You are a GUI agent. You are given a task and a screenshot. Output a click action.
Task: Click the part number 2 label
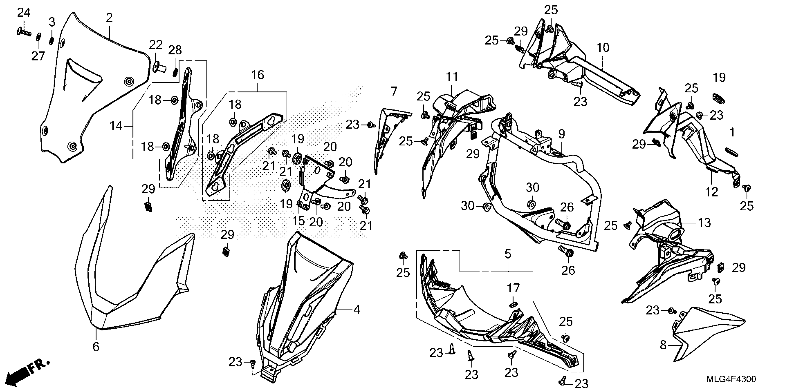coord(109,18)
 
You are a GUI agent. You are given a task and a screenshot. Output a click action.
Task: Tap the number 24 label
coord(24,13)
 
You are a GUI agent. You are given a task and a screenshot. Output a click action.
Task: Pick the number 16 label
coord(257,75)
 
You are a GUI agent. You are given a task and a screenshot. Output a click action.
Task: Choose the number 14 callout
coord(116,126)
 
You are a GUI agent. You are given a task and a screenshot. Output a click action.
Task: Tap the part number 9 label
coord(562,134)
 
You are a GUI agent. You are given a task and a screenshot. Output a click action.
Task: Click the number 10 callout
coord(603,48)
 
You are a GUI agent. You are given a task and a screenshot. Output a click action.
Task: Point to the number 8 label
coord(663,345)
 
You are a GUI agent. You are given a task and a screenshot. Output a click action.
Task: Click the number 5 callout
coord(508,254)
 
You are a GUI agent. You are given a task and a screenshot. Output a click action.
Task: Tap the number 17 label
coord(513,288)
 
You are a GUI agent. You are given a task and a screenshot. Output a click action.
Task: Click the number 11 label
coord(452,77)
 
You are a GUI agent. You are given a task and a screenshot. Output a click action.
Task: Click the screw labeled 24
coord(24,31)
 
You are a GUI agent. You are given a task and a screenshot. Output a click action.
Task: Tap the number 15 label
coord(298,221)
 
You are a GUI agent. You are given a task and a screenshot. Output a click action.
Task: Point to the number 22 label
coord(156,46)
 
